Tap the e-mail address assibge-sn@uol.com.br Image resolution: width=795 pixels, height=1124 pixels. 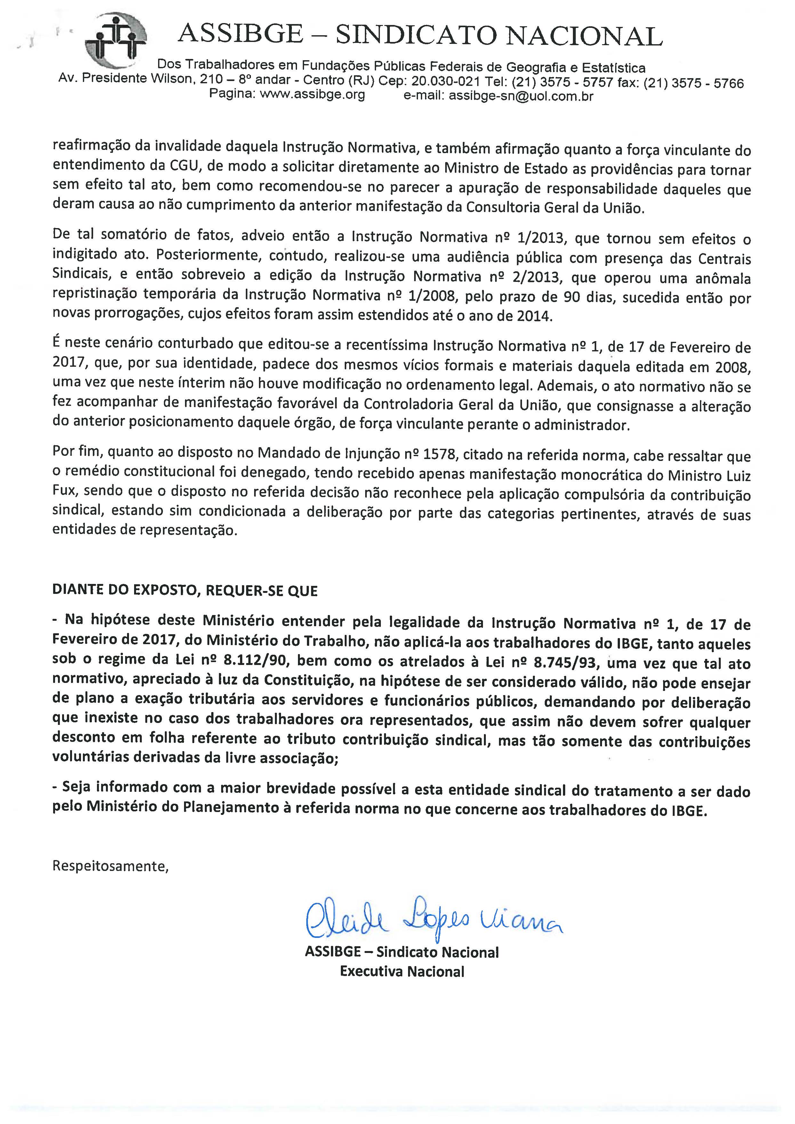pos(521,96)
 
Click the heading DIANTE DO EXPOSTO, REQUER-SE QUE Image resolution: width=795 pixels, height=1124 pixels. pos(185,590)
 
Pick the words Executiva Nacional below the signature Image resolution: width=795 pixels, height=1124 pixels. pos(402,972)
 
